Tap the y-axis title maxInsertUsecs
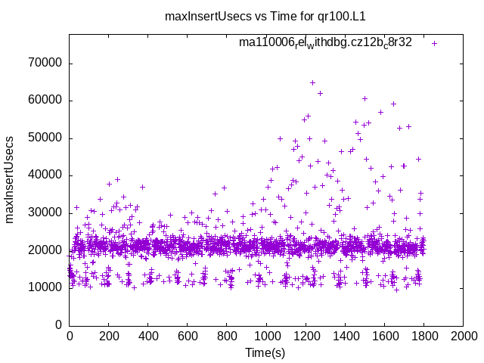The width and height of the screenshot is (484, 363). coord(11,179)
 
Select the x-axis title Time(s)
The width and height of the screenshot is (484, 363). coord(266,353)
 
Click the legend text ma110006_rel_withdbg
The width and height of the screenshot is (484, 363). coord(325,42)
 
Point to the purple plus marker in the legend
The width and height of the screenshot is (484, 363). coord(435,43)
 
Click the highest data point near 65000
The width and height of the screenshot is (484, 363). coord(312,82)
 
